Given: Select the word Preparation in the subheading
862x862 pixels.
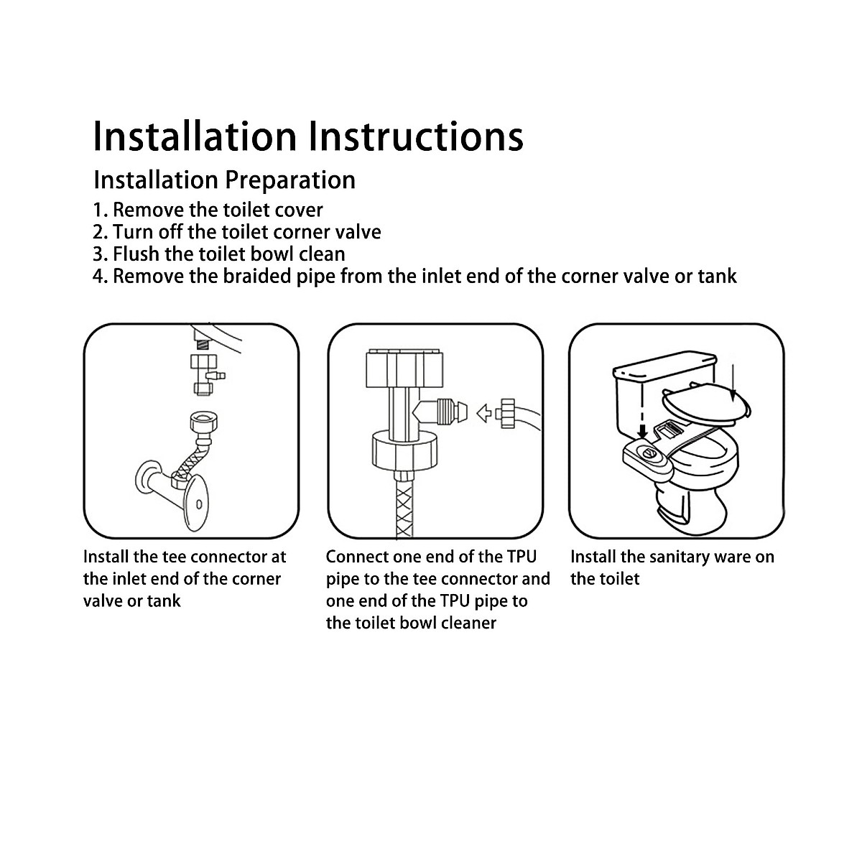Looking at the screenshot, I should coord(290,180).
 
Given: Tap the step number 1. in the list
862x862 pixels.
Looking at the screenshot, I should coord(101,210).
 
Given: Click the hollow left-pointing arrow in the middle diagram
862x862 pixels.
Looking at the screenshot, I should coord(486,412).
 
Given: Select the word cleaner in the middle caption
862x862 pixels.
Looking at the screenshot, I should coord(465,623).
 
